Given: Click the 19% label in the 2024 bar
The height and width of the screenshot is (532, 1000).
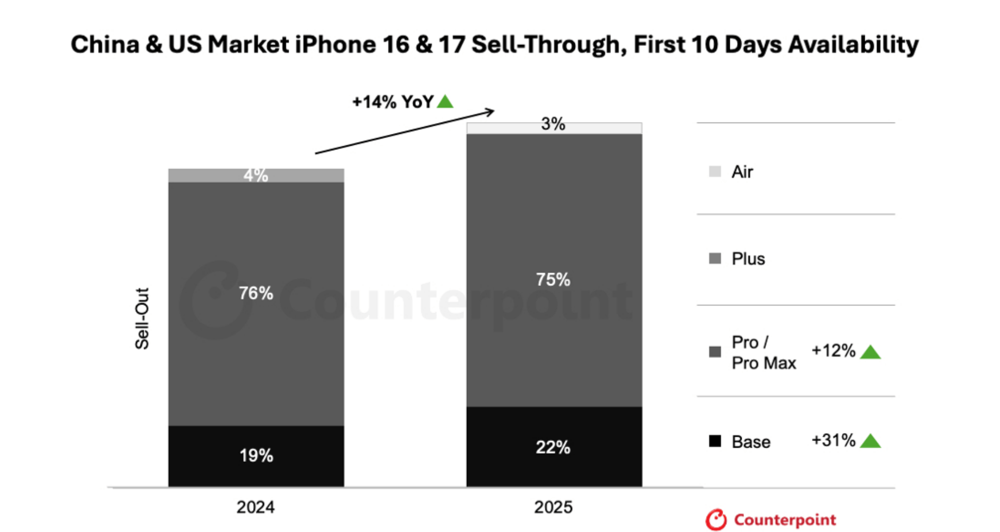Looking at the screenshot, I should [x=256, y=455].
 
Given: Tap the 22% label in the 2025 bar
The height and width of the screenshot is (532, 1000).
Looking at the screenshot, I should [x=553, y=447].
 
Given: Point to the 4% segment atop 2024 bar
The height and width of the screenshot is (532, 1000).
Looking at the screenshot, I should [x=256, y=175].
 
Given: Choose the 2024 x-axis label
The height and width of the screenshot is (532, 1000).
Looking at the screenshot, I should [x=255, y=507].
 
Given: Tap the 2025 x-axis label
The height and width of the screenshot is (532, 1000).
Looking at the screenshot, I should [x=553, y=507].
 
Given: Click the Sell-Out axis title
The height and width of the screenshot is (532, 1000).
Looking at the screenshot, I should [x=142, y=318].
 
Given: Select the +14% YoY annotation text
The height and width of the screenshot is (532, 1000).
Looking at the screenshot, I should [x=393, y=102].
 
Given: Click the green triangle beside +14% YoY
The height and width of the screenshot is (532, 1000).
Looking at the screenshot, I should [x=445, y=101].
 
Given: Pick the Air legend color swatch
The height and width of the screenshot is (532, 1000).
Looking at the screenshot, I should [x=715, y=172].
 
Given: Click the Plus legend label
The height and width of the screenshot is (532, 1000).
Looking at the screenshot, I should [x=748, y=259].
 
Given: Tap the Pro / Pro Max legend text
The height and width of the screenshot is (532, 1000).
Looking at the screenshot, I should [x=763, y=353].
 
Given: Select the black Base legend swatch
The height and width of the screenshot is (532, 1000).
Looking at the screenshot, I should [x=715, y=441].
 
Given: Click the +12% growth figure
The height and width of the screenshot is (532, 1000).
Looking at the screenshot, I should [x=833, y=351].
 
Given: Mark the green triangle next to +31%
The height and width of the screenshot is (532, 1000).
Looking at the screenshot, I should [x=870, y=441].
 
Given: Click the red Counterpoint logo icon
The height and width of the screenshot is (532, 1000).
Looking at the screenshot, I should [x=716, y=520].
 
